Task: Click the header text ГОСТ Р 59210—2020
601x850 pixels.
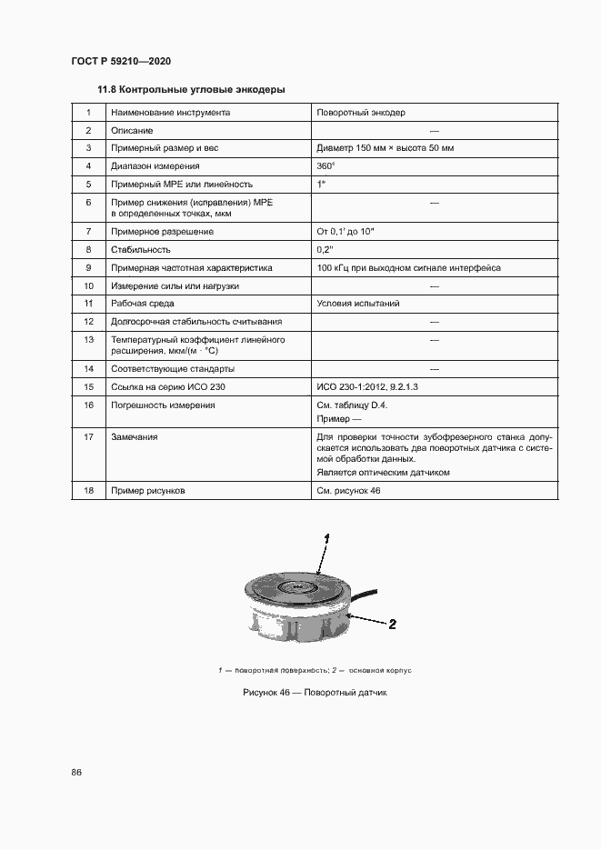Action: [x=120, y=62]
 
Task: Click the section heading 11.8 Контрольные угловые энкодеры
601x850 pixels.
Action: [x=192, y=90]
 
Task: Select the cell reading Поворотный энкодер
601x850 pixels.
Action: [x=360, y=113]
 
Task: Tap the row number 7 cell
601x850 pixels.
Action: [x=89, y=232]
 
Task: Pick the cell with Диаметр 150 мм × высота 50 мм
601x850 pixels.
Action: [x=385, y=148]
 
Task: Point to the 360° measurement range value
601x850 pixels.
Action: [x=326, y=166]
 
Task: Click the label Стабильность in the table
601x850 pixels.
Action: [x=141, y=249]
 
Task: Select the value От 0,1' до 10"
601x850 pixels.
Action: [x=346, y=232]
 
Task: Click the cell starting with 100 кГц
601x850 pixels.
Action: [x=408, y=268]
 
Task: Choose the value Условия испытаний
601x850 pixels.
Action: [x=358, y=304]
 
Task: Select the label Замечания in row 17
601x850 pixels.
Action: [x=134, y=437]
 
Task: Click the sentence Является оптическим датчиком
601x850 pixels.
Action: [x=383, y=473]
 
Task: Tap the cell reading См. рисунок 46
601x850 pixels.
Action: [x=349, y=491]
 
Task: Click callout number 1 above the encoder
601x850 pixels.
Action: [x=326, y=538]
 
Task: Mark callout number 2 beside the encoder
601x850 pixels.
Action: [x=393, y=625]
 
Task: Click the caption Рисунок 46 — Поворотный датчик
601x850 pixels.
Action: [x=315, y=693]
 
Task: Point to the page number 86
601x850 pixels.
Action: [x=76, y=773]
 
